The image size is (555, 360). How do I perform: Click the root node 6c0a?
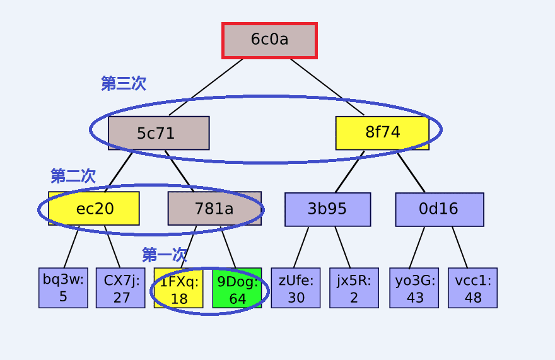click(x=269, y=40)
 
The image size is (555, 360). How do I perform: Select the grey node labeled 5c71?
click(x=158, y=133)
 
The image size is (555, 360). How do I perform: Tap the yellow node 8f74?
click(x=382, y=133)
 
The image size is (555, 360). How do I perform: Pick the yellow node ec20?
click(x=94, y=209)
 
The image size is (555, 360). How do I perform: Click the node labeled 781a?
click(x=214, y=209)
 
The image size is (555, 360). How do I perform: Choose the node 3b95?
click(x=328, y=209)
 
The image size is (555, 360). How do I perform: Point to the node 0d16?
click(x=440, y=209)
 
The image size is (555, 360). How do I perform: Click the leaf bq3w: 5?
click(x=63, y=287)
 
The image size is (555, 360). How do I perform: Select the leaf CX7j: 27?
click(x=120, y=287)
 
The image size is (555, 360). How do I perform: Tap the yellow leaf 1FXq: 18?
click(x=178, y=287)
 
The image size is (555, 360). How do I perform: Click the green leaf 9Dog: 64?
click(x=237, y=287)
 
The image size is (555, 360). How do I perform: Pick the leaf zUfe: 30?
click(x=296, y=287)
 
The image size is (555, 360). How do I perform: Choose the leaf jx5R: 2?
click(x=354, y=287)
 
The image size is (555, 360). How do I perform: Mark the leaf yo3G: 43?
click(x=414, y=287)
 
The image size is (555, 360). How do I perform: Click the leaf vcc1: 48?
click(x=473, y=287)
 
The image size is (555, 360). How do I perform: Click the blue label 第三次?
click(x=124, y=84)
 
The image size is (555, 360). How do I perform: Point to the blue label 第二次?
click(x=73, y=175)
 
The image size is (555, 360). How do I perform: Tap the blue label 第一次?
click(x=164, y=255)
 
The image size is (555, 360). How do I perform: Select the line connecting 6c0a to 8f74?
click(x=327, y=87)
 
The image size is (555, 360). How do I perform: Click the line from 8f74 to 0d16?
click(x=411, y=172)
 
